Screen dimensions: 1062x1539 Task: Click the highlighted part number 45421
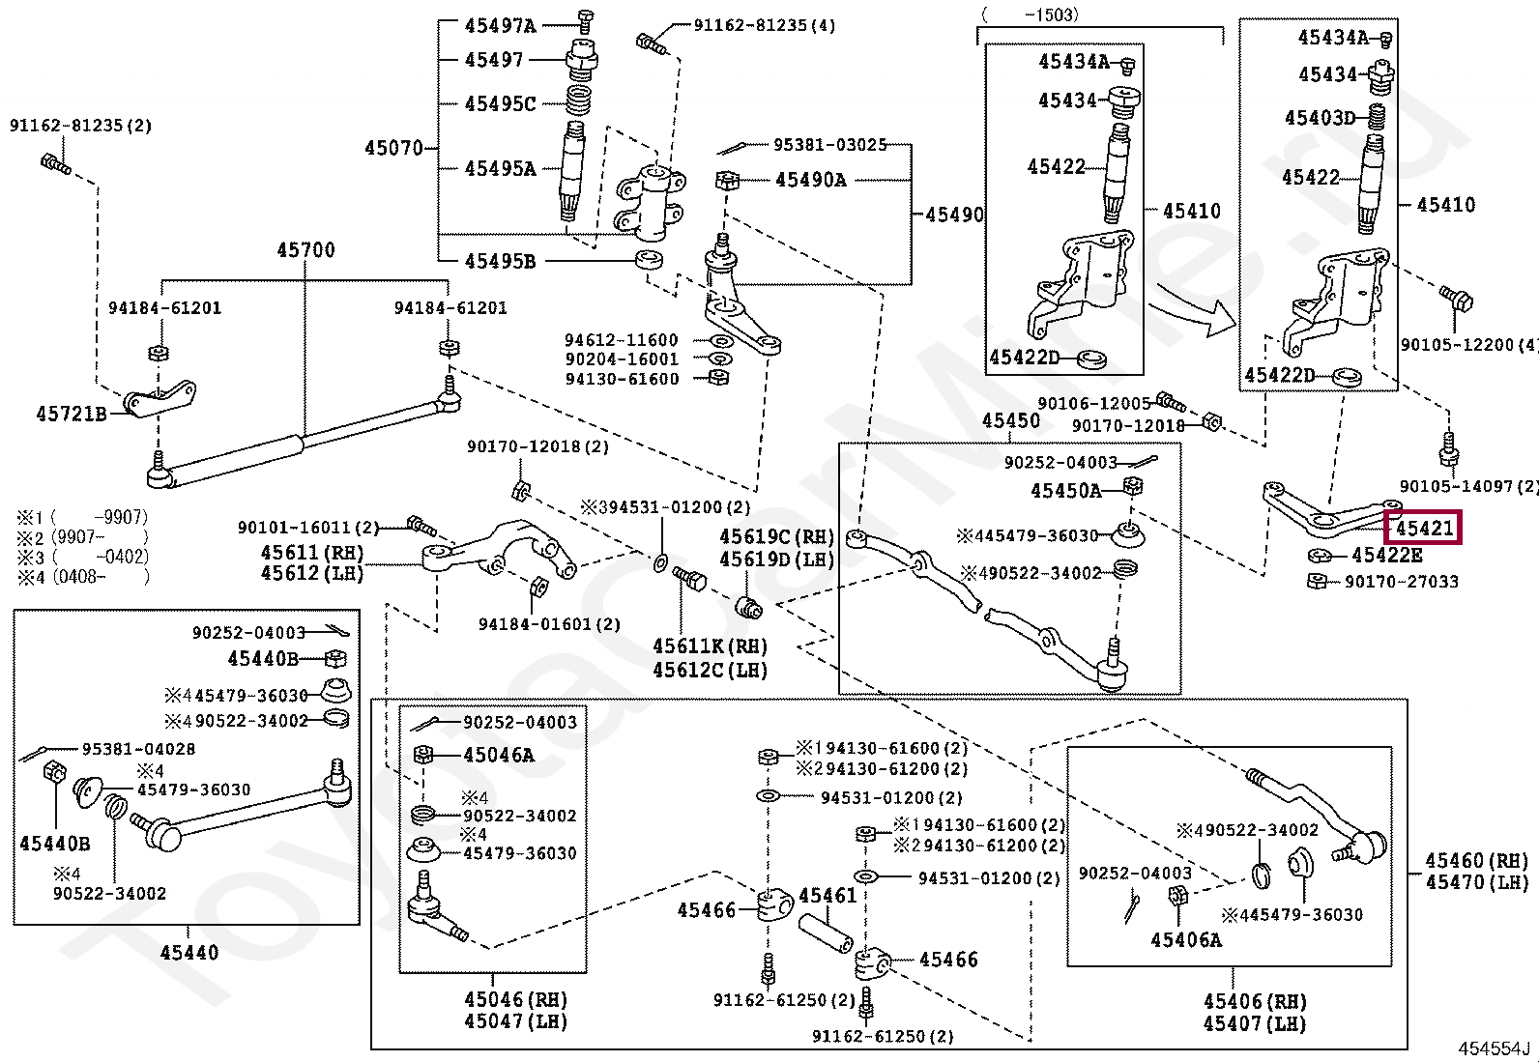(1424, 529)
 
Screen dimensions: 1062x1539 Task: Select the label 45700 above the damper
(305, 250)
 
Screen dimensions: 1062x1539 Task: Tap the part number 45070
(393, 149)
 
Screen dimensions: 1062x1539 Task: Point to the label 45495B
(499, 261)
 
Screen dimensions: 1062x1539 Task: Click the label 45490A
(810, 180)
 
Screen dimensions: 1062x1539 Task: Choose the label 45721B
(72, 415)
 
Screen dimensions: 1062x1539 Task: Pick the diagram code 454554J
(1495, 1049)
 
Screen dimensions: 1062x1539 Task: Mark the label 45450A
(1065, 491)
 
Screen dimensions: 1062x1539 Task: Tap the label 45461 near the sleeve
(828, 896)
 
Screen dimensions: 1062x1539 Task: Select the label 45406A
(1185, 940)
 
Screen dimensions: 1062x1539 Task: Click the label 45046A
(498, 756)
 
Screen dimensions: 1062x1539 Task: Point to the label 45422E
(1386, 556)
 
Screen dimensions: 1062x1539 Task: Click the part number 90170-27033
(1401, 582)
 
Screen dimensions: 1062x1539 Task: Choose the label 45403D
(1320, 118)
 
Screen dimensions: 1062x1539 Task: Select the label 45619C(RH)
(775, 537)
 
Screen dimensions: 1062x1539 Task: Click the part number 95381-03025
(829, 145)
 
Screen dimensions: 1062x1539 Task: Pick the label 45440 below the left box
(189, 953)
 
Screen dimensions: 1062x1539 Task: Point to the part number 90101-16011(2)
(308, 528)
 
